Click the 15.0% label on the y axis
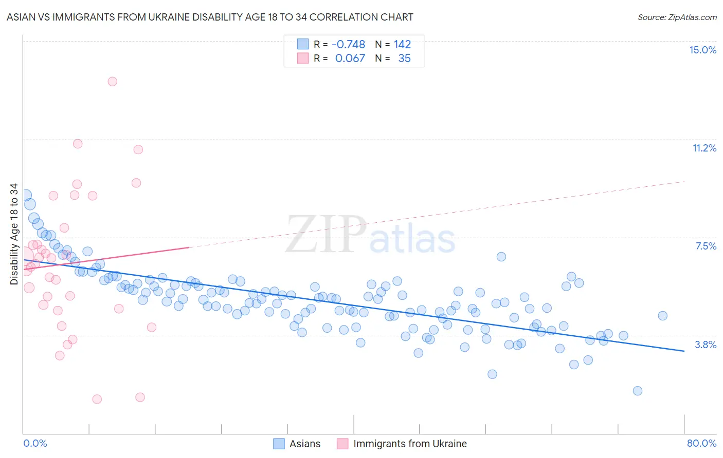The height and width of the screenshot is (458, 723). pyautogui.click(x=702, y=50)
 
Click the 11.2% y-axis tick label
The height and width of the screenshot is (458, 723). pyautogui.click(x=704, y=148)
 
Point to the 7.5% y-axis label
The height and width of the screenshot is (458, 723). pyautogui.click(x=706, y=246)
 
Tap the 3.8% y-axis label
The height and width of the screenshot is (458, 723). pyautogui.click(x=706, y=345)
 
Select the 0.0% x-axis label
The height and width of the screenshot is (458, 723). pyautogui.click(x=35, y=443)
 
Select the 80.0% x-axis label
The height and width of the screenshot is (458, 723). pyautogui.click(x=701, y=443)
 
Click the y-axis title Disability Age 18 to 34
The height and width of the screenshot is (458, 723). pyautogui.click(x=14, y=234)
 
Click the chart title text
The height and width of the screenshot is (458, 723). pyautogui.click(x=210, y=17)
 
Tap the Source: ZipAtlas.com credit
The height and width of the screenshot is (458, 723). pyautogui.click(x=677, y=17)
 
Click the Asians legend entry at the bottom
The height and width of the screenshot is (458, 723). pyautogui.click(x=304, y=444)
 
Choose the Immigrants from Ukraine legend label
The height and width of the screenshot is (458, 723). pyautogui.click(x=410, y=444)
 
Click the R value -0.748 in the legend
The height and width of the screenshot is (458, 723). pyautogui.click(x=348, y=44)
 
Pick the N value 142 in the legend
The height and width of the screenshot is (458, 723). pyautogui.click(x=402, y=44)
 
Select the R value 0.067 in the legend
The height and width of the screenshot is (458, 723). pyautogui.click(x=350, y=58)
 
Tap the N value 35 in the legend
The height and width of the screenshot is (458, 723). pyautogui.click(x=404, y=58)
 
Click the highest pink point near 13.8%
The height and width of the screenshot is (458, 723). pyautogui.click(x=112, y=81)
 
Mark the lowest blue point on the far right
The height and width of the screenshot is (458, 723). pyautogui.click(x=637, y=391)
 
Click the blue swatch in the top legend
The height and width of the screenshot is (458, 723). pyautogui.click(x=303, y=44)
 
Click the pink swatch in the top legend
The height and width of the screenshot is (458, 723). pyautogui.click(x=303, y=58)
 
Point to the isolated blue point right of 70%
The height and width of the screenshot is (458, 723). pyautogui.click(x=662, y=316)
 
